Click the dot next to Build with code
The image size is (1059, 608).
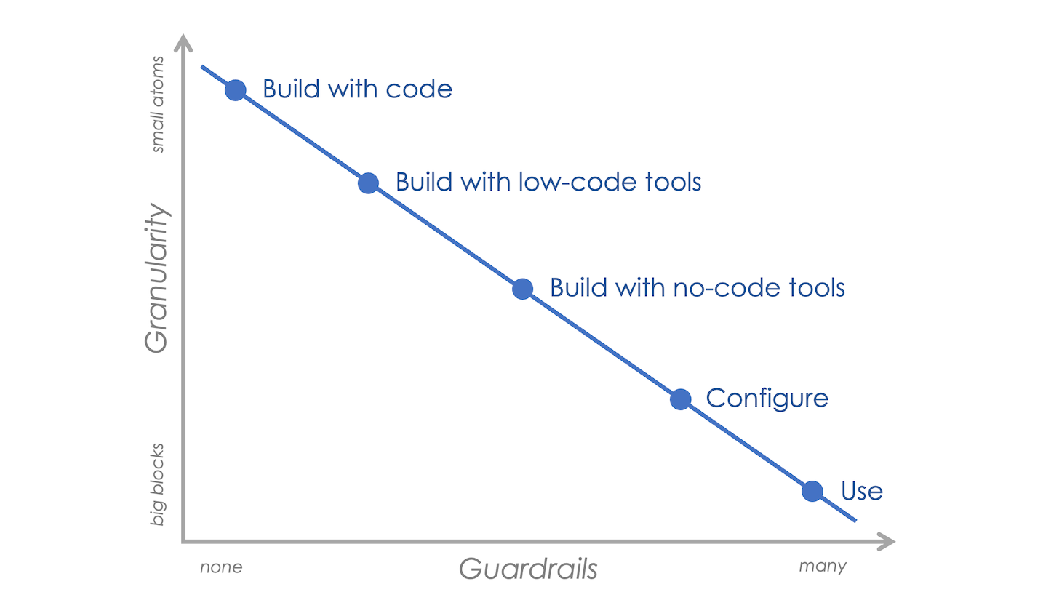[236, 90]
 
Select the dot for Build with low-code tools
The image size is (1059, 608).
[368, 183]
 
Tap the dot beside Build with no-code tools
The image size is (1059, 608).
[522, 289]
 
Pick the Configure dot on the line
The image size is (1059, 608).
[680, 399]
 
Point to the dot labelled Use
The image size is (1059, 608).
[812, 491]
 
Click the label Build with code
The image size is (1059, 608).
[357, 89]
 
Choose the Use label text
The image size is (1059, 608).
[862, 491]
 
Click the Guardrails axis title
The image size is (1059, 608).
[528, 568]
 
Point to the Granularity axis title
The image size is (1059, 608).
[156, 278]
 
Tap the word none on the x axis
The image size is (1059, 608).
[221, 567]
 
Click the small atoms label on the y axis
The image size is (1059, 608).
[157, 105]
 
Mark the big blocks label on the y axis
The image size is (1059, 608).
[157, 484]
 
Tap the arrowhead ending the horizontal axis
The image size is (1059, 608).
[887, 541]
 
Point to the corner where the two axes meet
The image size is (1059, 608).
[183, 541]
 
